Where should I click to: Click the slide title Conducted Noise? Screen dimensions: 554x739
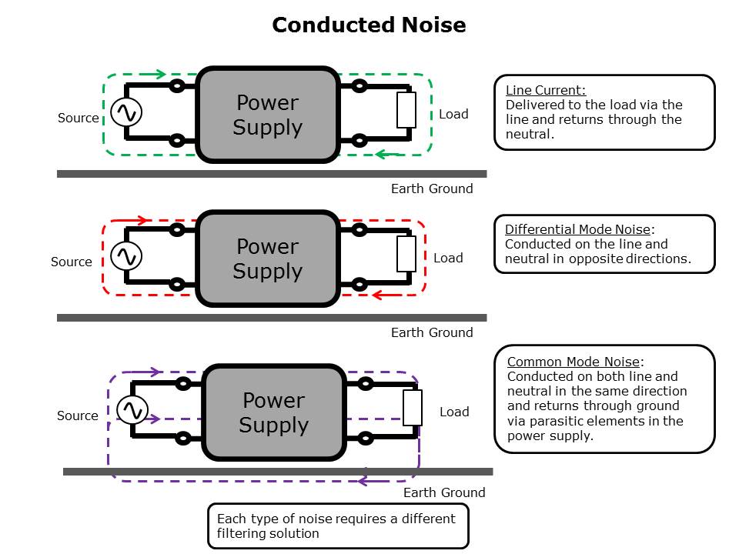tap(369, 25)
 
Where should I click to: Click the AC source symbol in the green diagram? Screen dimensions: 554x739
tap(125, 113)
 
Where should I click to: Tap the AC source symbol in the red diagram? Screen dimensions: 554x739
tap(125, 255)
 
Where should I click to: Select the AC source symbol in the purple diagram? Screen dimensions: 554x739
tap(131, 409)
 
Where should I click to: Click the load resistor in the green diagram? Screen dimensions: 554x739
tap(406, 109)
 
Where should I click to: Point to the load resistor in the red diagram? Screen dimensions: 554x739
tap(406, 254)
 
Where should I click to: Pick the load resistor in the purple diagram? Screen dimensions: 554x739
tap(413, 408)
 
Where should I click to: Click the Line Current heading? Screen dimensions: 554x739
tap(546, 90)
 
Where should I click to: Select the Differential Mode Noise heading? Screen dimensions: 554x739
tap(578, 229)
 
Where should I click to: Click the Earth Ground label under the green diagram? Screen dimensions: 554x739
tap(432, 189)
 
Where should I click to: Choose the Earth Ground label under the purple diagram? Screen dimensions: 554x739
tap(444, 492)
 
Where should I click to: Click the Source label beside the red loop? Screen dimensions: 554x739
tap(72, 262)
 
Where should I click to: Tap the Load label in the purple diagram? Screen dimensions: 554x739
tap(454, 412)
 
